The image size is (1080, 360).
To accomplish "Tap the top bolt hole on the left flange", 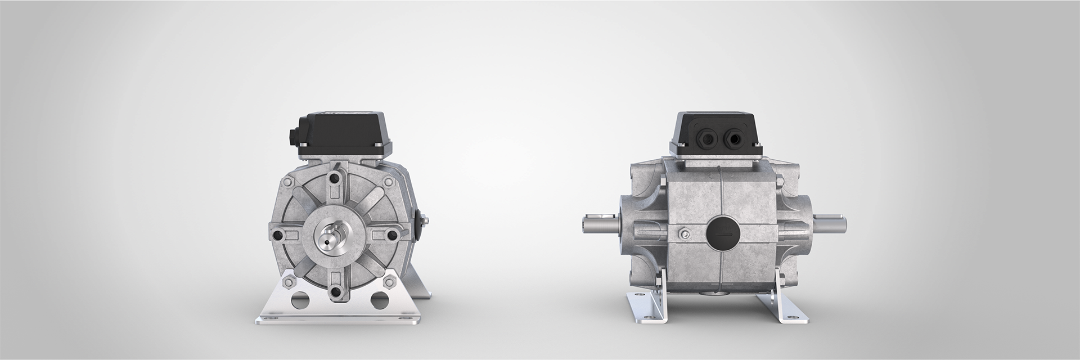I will pos(336,179).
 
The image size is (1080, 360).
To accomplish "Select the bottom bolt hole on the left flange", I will pos(336,291).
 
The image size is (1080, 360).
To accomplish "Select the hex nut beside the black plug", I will pos(682,233).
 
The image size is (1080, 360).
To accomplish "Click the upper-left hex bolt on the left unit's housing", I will pos(289,183).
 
